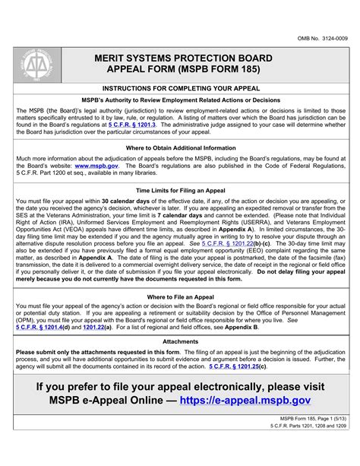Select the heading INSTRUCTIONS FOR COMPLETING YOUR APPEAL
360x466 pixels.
[180, 89]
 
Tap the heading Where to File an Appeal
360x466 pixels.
[180, 297]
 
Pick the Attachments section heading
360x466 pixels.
[180, 342]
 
